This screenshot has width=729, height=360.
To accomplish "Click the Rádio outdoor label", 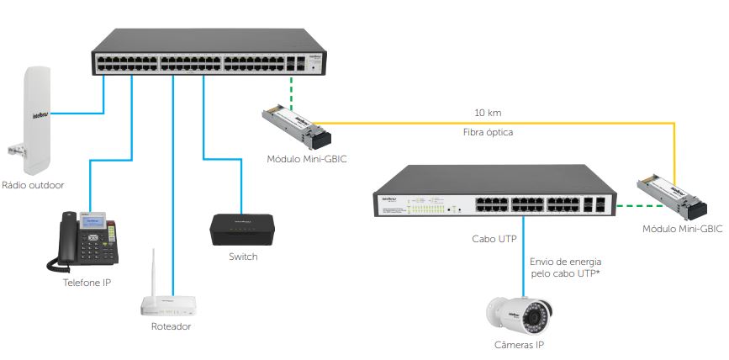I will click(34, 185).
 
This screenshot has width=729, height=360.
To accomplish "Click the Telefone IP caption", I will click(87, 283).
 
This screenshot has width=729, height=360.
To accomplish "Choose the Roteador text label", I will click(172, 326).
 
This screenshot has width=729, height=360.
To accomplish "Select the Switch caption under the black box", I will click(243, 257).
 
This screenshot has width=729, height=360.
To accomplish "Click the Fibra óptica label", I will click(488, 132).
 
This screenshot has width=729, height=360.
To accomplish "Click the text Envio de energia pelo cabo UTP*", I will click(565, 268).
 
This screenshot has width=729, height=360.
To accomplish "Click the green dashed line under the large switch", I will click(291, 93).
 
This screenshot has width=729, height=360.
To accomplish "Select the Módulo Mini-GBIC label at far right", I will click(682, 229).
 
